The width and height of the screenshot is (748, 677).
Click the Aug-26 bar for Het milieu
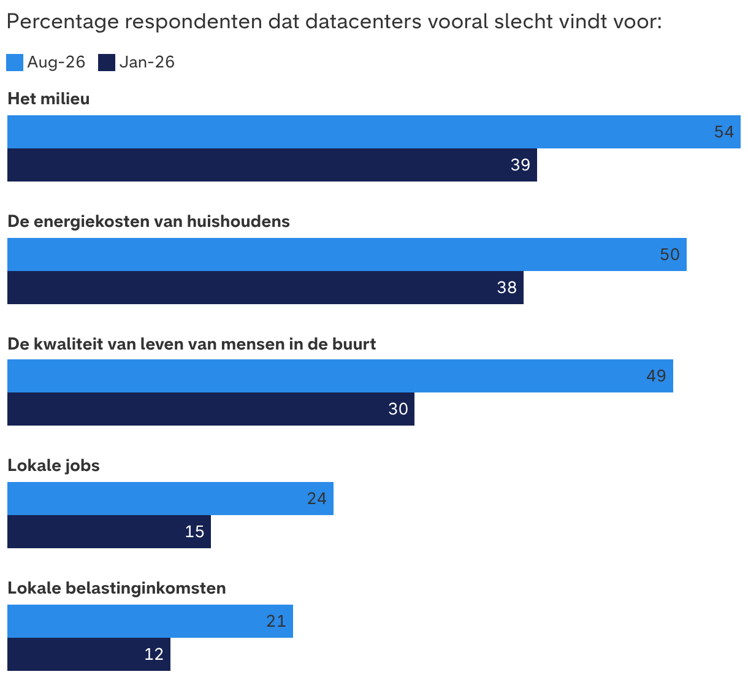(373, 132)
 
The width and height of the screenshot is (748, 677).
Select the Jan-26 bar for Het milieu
(272, 165)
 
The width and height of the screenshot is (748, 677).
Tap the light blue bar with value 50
(347, 254)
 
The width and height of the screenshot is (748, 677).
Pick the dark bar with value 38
(265, 288)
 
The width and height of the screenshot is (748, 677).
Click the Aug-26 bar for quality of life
(340, 376)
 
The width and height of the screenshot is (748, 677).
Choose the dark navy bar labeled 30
(211, 409)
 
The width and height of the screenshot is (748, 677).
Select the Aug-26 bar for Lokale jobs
(170, 499)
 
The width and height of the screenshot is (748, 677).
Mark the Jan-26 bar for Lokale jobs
(109, 532)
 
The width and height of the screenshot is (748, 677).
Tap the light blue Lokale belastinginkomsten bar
(150, 621)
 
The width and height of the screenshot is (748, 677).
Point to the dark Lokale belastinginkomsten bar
(89, 654)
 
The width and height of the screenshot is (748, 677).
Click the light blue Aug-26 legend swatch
(15, 63)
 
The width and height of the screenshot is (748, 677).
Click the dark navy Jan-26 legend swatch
(107, 63)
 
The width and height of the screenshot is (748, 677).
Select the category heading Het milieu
(48, 99)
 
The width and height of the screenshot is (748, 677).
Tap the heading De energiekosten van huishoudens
(148, 221)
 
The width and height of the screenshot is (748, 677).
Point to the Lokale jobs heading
(54, 465)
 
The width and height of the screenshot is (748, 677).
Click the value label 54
(724, 132)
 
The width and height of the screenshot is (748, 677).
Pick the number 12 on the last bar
(154, 654)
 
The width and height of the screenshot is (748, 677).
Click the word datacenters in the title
(363, 21)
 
